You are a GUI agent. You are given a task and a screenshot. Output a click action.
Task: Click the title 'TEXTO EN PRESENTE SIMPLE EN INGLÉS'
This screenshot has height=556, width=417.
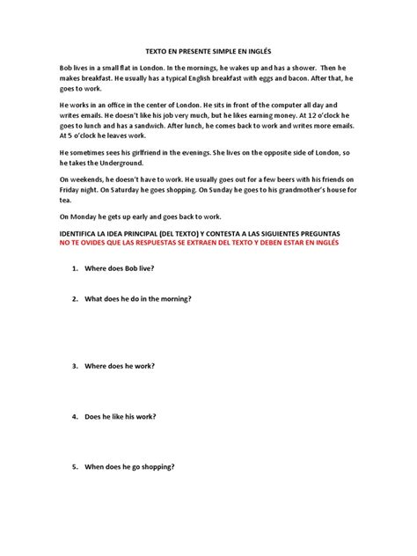[x=208, y=52]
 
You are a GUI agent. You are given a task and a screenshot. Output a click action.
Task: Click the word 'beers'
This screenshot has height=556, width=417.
[x=267, y=179]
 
